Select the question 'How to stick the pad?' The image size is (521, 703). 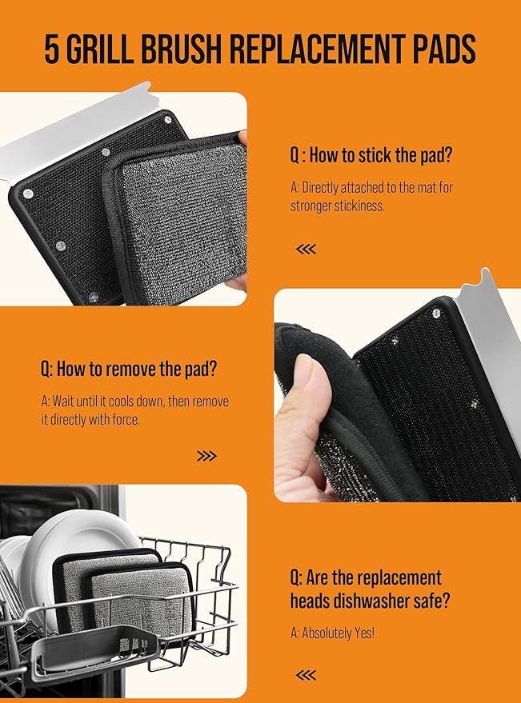pyautogui.click(x=371, y=155)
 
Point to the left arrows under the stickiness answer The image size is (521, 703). pyautogui.click(x=306, y=249)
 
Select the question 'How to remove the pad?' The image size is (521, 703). pyautogui.click(x=129, y=369)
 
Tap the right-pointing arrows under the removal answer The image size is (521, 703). pyautogui.click(x=206, y=456)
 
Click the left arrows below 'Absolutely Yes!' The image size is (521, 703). pyautogui.click(x=306, y=675)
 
